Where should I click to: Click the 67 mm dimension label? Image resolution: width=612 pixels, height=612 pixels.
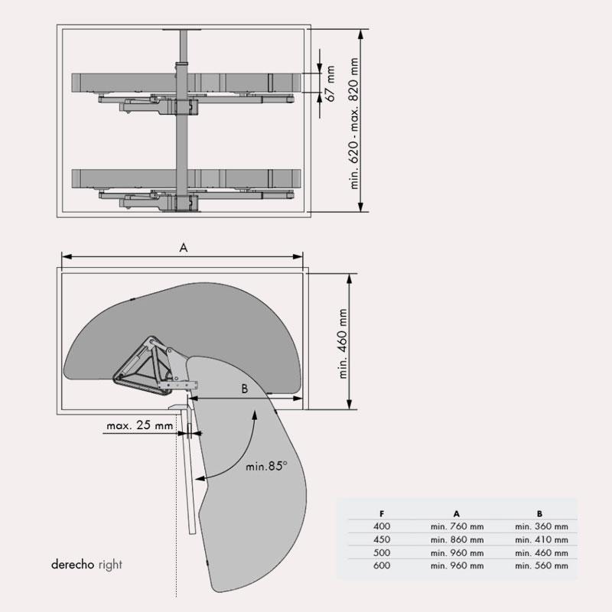click(330, 84)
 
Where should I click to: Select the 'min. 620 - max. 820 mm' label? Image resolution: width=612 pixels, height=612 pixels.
click(354, 123)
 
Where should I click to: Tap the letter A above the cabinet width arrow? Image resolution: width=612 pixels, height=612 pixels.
click(184, 247)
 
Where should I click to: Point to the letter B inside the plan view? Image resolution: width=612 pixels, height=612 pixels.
click(245, 389)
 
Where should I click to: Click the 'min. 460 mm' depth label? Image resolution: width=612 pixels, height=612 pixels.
click(343, 343)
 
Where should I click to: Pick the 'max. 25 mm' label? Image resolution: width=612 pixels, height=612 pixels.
click(140, 425)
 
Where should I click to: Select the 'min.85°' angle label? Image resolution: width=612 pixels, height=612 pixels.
click(266, 466)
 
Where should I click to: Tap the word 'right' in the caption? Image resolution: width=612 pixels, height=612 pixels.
click(110, 565)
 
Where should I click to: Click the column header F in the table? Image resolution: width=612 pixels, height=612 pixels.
click(382, 514)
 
